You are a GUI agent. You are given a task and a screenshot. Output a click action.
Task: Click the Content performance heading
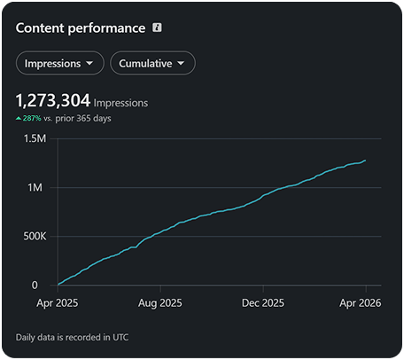coord(81,28)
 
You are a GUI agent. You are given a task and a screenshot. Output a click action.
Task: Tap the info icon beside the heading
coord(157,27)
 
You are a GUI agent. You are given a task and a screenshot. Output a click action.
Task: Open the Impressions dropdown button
coord(59,63)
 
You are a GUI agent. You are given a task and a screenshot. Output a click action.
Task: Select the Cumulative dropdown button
coord(152,63)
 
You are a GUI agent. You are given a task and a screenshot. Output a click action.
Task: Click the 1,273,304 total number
coord(53,100)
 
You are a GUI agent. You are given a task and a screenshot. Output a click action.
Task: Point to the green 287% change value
coord(32,118)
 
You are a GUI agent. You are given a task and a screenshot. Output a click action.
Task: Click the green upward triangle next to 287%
coord(19,119)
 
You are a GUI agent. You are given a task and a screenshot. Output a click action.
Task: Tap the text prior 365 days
coord(83,118)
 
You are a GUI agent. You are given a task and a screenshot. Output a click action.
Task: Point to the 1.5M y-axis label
coord(35,138)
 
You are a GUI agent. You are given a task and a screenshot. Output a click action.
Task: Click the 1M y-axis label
coord(35,187)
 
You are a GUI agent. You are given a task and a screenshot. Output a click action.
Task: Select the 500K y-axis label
coord(35,236)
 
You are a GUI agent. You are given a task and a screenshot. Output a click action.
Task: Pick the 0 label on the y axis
coord(35,286)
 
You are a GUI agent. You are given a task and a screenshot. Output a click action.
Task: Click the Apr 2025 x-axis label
coord(58,303)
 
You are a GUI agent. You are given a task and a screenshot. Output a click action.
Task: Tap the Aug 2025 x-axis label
coord(160,303)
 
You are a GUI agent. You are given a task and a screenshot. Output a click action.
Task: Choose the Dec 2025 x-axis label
coord(263,303)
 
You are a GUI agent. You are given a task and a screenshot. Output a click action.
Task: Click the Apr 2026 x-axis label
coord(361,303)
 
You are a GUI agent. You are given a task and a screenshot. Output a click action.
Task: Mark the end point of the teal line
coord(366,160)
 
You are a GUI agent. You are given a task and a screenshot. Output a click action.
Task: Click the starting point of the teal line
coord(58,285)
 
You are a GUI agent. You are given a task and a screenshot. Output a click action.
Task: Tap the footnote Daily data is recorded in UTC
coord(72,337)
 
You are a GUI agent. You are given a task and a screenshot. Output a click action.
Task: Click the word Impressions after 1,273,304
coord(120,103)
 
